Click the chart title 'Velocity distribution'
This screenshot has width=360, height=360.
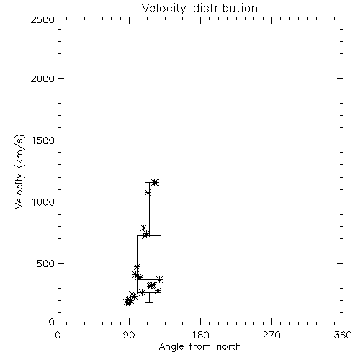click(x=199, y=9)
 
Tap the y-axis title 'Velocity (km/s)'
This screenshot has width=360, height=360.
click(x=19, y=171)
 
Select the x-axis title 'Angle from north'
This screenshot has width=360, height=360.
click(x=199, y=346)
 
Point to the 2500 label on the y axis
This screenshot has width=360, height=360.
click(x=42, y=19)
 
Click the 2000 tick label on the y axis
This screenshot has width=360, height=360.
click(x=42, y=78)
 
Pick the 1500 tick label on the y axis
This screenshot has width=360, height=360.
click(x=43, y=140)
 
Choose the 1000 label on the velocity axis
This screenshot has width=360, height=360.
click(x=43, y=202)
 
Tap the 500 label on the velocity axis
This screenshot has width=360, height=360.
click(x=46, y=264)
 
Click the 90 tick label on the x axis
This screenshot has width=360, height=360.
click(x=129, y=335)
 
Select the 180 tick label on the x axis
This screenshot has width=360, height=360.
click(x=200, y=335)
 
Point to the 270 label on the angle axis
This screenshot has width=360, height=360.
click(x=271, y=335)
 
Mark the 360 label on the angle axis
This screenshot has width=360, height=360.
click(x=343, y=335)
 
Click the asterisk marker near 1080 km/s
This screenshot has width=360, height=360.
click(x=148, y=192)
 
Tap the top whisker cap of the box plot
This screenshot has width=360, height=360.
click(x=149, y=182)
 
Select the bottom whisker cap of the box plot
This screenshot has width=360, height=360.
click(x=149, y=302)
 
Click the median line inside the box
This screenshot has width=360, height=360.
click(x=149, y=279)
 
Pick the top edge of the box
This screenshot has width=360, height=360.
click(x=149, y=235)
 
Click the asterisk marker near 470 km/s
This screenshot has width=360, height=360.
click(x=137, y=266)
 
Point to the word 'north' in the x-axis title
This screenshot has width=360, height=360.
click(x=229, y=346)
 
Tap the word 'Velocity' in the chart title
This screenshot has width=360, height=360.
click(x=163, y=9)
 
